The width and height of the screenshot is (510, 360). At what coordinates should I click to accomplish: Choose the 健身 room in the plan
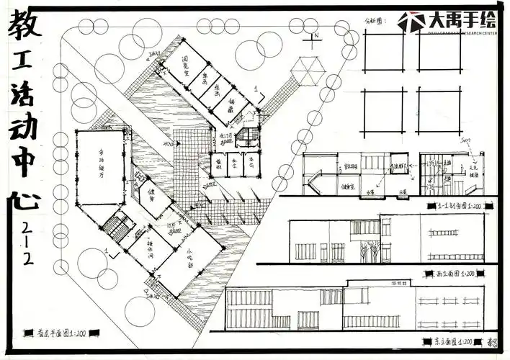tap(153, 197)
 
